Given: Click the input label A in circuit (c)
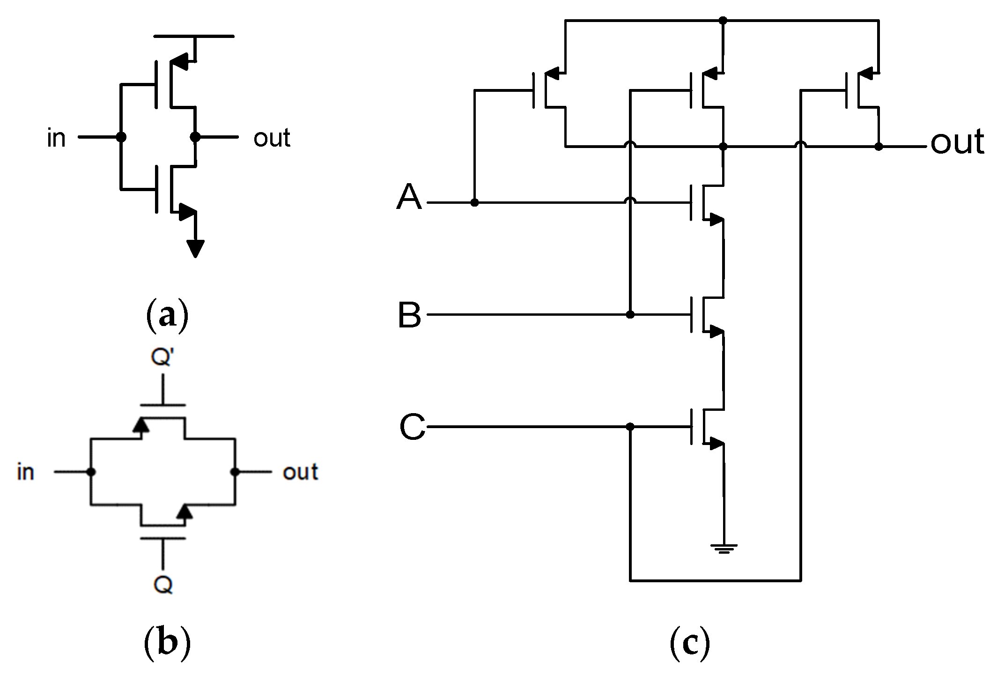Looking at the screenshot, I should [x=409, y=197].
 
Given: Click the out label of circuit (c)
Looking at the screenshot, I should [x=957, y=142].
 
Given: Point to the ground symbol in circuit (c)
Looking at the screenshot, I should [x=724, y=549].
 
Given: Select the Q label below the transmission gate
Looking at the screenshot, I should [x=163, y=585].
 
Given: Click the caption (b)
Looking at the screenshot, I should [x=167, y=643].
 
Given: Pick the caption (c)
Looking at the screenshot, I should [x=690, y=643].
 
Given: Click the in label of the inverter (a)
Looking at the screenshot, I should [x=56, y=138].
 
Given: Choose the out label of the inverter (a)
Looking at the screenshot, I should [x=272, y=138].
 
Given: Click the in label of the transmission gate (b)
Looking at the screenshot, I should [x=26, y=472].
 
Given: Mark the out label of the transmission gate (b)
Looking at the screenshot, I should [x=300, y=472].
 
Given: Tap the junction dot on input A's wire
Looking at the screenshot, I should [x=474, y=202].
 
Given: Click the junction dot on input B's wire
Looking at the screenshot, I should [x=630, y=314].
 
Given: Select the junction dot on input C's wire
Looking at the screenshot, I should [x=630, y=427].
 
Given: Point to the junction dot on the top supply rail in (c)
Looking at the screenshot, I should [x=723, y=21].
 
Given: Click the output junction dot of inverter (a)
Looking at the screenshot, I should [x=195, y=137].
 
